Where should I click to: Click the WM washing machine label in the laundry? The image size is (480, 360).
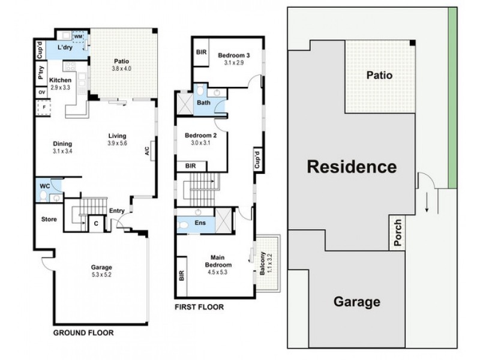78,37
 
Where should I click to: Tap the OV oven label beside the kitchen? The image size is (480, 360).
41,92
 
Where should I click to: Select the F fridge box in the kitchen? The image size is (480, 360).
43,108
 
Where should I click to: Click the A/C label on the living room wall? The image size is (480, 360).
147,151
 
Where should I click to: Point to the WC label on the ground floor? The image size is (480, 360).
44,187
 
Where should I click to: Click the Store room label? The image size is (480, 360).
49,220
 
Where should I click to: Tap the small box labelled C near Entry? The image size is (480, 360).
96,224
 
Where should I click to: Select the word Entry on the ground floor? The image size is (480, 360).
116,211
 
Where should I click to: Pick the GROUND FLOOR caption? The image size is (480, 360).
83,332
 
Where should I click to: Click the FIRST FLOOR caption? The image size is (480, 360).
199,307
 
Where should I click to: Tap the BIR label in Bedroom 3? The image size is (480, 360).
201,52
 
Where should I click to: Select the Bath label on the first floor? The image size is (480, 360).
203,103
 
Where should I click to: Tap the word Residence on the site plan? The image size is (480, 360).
352,167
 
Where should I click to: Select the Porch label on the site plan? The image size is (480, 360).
397,232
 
